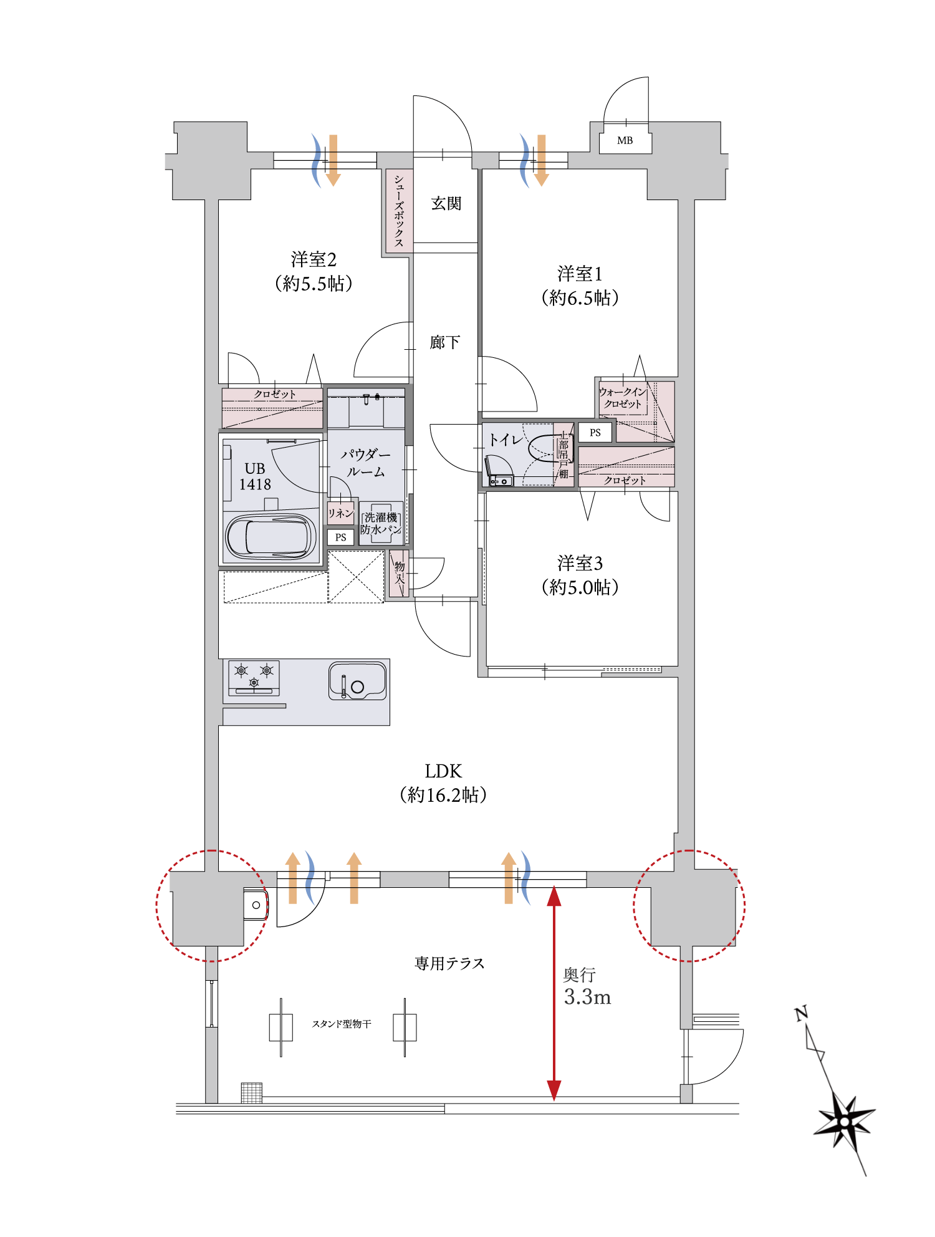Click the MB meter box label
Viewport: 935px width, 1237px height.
625,141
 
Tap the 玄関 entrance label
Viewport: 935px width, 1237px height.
446,204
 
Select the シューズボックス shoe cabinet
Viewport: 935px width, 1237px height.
399,211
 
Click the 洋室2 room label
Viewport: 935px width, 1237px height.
314,259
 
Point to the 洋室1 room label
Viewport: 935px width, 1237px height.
580,274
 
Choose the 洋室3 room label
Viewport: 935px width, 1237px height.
580,564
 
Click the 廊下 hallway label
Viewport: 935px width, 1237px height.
445,342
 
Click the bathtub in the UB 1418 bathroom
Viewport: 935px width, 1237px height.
271,537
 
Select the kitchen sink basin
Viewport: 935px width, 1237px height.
357,681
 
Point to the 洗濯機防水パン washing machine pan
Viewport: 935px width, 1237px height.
381,524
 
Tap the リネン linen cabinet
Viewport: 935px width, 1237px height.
340,513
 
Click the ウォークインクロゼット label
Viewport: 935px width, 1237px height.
623,398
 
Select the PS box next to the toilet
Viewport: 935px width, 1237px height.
595,433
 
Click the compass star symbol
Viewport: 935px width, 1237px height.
845,1122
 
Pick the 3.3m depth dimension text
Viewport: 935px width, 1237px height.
587,998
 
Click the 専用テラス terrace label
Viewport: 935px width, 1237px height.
449,964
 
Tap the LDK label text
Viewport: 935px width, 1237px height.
443,772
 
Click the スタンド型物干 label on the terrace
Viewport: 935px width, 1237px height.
342,1024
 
